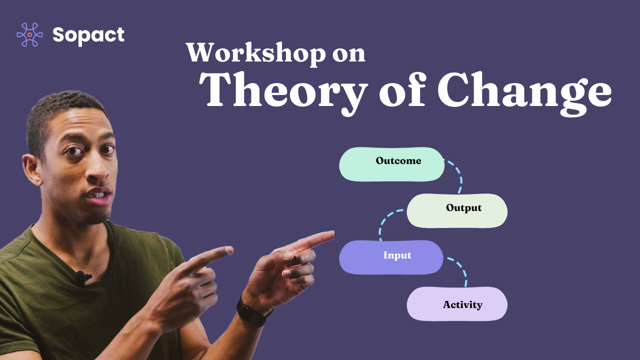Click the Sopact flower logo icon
tap(29, 34)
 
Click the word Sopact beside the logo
tap(88, 34)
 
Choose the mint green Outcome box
tap(391, 164)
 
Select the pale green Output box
tap(457, 210)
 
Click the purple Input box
tap(391, 257)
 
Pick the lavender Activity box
tap(457, 303)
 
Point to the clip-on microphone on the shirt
tap(79, 276)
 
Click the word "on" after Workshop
tap(348, 54)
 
